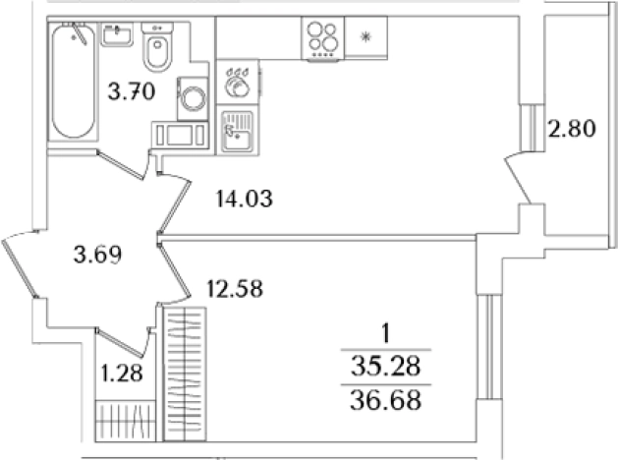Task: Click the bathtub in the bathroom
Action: [73, 82]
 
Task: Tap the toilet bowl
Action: [157, 47]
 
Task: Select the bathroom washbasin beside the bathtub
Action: [117, 34]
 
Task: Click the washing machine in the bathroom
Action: [193, 98]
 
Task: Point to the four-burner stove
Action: [323, 39]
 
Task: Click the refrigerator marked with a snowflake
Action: [365, 37]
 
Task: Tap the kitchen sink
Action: [237, 132]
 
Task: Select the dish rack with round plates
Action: [238, 82]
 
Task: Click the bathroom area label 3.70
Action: [132, 92]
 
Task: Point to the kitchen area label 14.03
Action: [245, 199]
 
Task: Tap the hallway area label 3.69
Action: [97, 255]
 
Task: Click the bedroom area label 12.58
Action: [235, 289]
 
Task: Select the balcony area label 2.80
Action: [572, 129]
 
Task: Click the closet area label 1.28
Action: [122, 373]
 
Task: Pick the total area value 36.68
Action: [386, 400]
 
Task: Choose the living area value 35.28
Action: [386, 367]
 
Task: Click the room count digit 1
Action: [386, 334]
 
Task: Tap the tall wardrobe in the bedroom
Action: [185, 374]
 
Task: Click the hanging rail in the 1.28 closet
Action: [124, 420]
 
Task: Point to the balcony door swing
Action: [517, 177]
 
